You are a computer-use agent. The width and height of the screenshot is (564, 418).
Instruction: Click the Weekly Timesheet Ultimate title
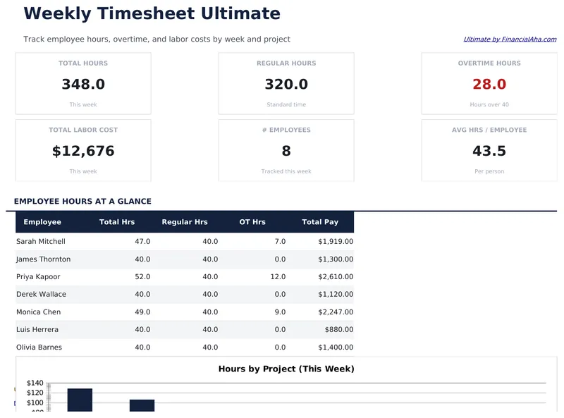(x=152, y=13)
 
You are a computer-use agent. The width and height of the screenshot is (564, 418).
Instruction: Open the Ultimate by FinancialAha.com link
(x=510, y=39)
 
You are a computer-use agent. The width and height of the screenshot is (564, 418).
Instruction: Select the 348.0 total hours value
(x=83, y=85)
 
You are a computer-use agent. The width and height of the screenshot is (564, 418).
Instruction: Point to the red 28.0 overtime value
(x=489, y=85)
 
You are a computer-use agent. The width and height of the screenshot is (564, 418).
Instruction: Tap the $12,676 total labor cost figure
(x=83, y=151)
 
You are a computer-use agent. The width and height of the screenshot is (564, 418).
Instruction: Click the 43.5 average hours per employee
(x=489, y=151)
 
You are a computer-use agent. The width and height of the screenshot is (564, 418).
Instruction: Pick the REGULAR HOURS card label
(x=286, y=63)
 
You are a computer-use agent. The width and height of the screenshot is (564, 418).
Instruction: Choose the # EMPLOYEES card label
(x=286, y=130)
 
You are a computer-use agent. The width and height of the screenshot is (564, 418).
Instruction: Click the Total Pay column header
(x=320, y=222)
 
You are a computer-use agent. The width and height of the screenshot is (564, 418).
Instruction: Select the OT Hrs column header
(x=252, y=222)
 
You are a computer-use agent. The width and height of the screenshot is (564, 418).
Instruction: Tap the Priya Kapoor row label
(x=38, y=277)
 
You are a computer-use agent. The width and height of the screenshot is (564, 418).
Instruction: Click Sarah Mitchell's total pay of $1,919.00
(x=336, y=242)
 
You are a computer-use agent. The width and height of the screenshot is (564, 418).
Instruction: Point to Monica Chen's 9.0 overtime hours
(x=278, y=312)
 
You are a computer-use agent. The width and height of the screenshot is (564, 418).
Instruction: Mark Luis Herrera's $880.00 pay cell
(x=339, y=330)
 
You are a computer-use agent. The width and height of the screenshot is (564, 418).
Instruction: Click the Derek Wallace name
(x=41, y=295)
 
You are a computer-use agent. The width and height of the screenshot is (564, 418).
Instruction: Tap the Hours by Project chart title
(x=286, y=369)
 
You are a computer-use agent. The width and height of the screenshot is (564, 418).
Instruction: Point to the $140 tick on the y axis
(x=35, y=383)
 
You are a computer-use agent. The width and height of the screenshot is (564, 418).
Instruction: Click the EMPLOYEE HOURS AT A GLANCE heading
(x=82, y=202)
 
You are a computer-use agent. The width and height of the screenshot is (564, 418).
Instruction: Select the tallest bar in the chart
(x=80, y=400)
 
